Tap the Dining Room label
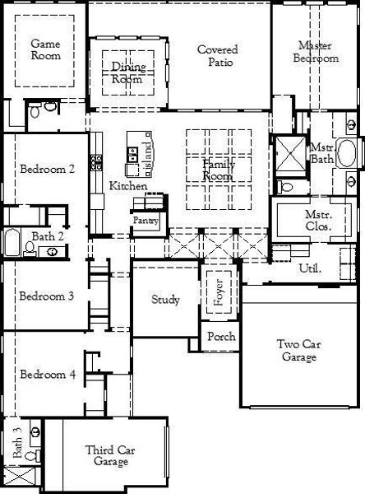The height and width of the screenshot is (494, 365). point(127,73)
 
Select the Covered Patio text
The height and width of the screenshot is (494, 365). point(217,55)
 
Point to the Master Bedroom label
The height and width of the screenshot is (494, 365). point(316,52)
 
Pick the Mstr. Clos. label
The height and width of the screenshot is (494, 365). point(312,220)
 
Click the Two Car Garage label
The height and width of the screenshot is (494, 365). point(298,351)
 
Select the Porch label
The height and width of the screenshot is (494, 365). point(220,336)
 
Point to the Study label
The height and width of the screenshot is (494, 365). point(165,300)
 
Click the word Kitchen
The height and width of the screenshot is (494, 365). point(128,186)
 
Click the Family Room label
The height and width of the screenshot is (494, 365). point(219,170)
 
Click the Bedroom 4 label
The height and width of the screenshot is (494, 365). point(48,375)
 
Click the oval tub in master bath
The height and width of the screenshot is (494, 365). point(348,154)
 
